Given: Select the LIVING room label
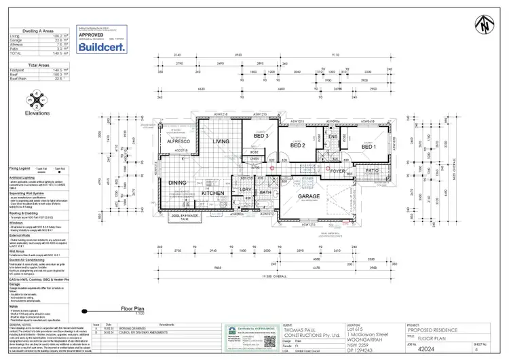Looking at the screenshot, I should [x=221, y=141].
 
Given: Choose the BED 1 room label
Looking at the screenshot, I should [x=368, y=147].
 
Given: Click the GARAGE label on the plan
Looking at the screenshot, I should [x=314, y=196].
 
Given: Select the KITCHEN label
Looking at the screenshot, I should [x=213, y=194].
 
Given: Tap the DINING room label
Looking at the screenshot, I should [x=178, y=183].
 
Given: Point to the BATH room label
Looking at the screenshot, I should [x=265, y=192].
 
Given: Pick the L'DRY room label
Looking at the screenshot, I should [x=247, y=190].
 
